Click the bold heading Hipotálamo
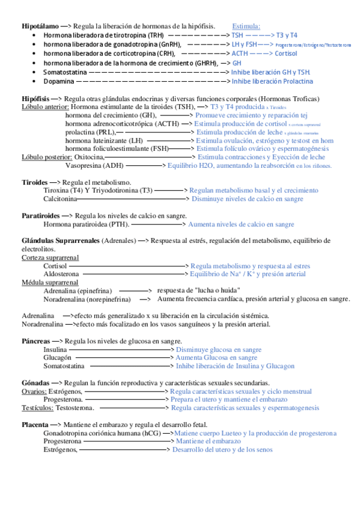40,26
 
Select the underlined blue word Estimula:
246,26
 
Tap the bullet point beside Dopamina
33,81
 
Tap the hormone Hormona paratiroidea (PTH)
85,224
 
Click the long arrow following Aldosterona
133,274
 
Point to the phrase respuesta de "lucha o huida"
200,290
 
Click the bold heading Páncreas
36,340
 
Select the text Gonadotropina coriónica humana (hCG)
102,433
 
